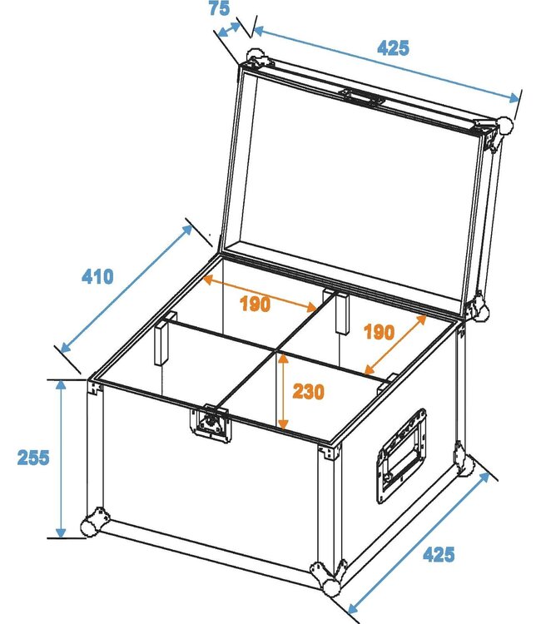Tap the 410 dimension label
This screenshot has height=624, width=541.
coord(97,276)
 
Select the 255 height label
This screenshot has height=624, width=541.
coord(32,457)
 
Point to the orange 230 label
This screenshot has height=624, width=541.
coord(308,391)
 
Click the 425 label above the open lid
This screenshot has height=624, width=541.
coord(393,47)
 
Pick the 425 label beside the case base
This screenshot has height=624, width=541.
coord(438,554)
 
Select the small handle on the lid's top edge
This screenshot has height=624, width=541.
coord(360,97)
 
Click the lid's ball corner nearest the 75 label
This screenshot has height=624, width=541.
coord(255,60)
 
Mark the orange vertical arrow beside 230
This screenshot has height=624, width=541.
coord(284,391)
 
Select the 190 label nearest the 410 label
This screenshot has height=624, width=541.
coord(255,304)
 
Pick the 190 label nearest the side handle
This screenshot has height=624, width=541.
coord(379,333)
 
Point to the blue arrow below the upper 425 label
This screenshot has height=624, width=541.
coord(385,64)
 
